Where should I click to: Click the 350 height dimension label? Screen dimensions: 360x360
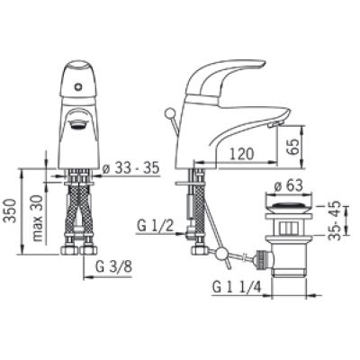(x=11, y=211)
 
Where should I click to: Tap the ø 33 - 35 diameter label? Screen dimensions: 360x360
(x=130, y=169)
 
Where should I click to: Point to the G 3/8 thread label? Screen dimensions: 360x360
(x=113, y=266)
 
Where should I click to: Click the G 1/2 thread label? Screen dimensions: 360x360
(x=156, y=226)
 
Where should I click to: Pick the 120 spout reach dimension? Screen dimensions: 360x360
(x=242, y=154)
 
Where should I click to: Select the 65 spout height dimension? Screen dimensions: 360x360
(x=292, y=146)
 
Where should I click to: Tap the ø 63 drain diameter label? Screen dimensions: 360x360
(x=288, y=186)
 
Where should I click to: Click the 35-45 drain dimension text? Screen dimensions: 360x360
(x=335, y=220)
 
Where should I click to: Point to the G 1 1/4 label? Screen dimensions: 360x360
(x=237, y=287)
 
